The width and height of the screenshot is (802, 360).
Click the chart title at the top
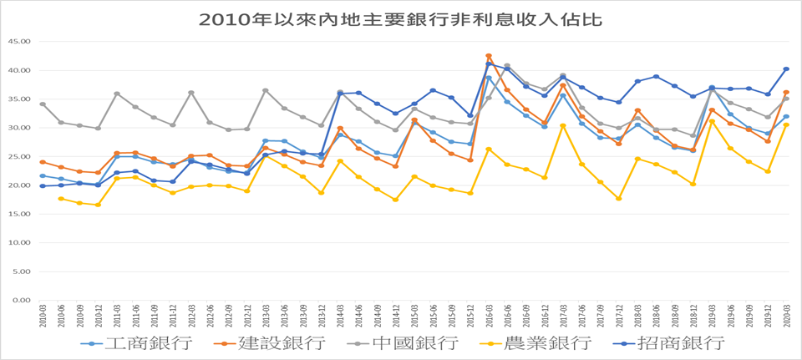(x=400, y=18)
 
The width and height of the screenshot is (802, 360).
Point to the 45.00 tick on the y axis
(x=18, y=41)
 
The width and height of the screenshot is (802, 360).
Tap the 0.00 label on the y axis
(x=21, y=300)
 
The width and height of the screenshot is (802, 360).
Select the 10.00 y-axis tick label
(x=18, y=242)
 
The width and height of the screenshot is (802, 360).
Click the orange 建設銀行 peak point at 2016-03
(x=489, y=56)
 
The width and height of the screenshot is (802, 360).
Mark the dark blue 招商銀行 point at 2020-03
(x=786, y=69)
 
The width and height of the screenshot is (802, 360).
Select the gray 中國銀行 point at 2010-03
(x=43, y=104)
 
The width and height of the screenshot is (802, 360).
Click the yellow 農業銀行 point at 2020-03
(x=786, y=125)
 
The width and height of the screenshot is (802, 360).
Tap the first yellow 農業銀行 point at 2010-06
(x=61, y=199)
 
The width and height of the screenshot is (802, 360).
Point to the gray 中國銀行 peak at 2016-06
(x=507, y=65)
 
